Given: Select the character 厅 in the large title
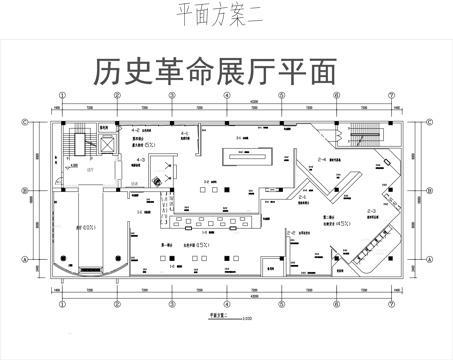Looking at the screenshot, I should pyautogui.click(x=287, y=70).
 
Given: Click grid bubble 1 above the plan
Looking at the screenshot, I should pyautogui.click(x=62, y=95).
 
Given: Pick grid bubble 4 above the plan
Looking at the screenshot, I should pyautogui.click(x=227, y=95).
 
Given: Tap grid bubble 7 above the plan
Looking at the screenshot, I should pyautogui.click(x=392, y=95).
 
